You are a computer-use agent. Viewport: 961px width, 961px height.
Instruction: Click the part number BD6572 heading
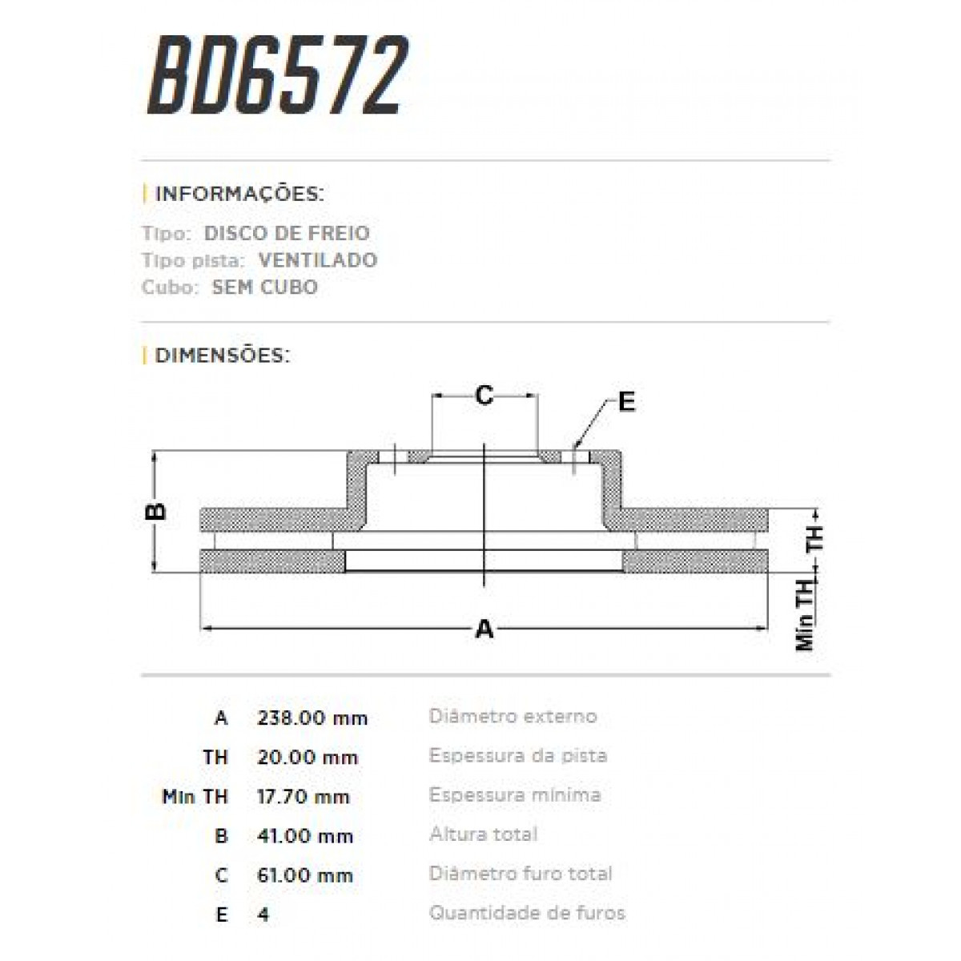[276, 75]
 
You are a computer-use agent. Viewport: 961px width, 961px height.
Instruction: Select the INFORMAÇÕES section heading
[239, 195]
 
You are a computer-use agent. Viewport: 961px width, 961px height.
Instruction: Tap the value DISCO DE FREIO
[287, 234]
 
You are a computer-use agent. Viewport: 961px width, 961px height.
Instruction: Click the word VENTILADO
[317, 260]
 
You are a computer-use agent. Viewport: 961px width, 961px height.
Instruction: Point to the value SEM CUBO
[264, 287]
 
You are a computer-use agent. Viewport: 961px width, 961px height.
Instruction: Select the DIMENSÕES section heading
[222, 355]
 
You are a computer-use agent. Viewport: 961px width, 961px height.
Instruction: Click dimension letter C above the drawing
[484, 396]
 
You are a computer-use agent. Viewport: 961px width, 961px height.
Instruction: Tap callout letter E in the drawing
[626, 402]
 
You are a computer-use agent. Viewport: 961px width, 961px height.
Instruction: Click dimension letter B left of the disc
[158, 511]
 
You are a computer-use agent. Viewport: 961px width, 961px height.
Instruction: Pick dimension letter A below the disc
[485, 629]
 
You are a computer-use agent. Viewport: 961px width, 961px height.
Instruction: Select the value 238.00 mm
[312, 718]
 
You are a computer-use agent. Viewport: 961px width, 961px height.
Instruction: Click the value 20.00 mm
[308, 758]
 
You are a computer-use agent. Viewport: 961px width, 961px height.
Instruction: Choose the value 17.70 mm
[304, 797]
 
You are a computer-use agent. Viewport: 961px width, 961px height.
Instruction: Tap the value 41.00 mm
[305, 836]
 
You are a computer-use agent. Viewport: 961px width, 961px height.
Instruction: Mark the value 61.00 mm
[305, 875]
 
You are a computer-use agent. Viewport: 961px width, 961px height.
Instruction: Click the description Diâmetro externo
[513, 716]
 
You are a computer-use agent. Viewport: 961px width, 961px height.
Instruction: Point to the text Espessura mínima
[515, 795]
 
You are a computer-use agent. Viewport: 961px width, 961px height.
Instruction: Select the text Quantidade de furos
[527, 913]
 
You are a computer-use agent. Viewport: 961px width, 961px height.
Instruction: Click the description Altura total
[483, 834]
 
